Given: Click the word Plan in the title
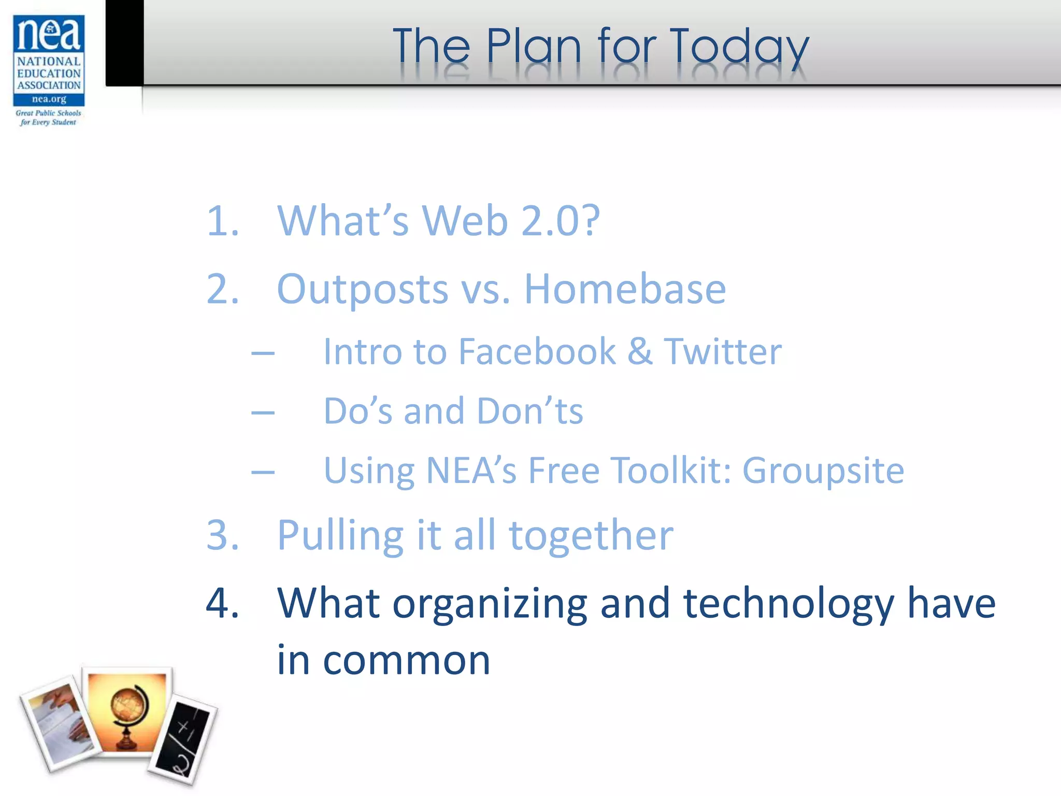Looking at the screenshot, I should pyautogui.click(x=534, y=47).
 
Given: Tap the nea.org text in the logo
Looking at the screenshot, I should pyautogui.click(x=49, y=99).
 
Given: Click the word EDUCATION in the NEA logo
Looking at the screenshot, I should pyautogui.click(x=49, y=73).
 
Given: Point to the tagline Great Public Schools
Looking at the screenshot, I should pyautogui.click(x=48, y=113).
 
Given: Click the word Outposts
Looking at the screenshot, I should pyautogui.click(x=363, y=289).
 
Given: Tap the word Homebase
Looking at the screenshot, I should pyautogui.click(x=625, y=289).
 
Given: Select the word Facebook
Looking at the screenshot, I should pyautogui.click(x=537, y=352).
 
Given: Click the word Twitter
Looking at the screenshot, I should pyautogui.click(x=723, y=352).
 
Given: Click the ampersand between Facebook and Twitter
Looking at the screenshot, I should pyautogui.click(x=640, y=352).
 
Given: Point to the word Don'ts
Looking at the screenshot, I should pyautogui.click(x=529, y=411).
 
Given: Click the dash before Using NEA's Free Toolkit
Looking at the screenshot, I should pyautogui.click(x=263, y=472).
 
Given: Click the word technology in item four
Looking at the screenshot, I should pyautogui.click(x=788, y=604).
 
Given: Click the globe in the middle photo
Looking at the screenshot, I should pyautogui.click(x=127, y=713).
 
